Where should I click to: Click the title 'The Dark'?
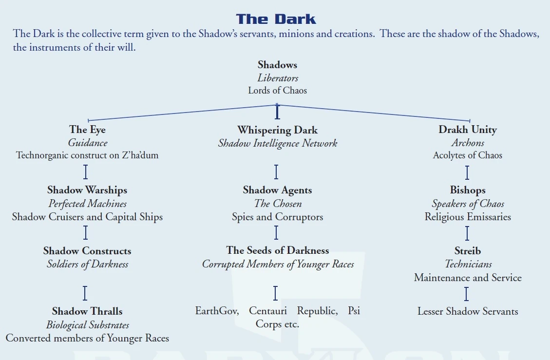click(276, 19)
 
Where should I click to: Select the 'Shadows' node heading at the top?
click(277, 65)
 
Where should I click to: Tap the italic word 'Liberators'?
click(277, 78)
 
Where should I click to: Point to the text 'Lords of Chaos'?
click(277, 90)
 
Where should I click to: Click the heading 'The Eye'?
click(87, 130)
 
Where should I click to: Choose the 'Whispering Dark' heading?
click(277, 130)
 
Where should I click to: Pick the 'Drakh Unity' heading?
click(467, 130)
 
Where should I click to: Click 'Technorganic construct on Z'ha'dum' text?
click(87, 155)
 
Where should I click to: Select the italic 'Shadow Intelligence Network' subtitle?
click(277, 143)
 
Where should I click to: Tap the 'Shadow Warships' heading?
click(87, 190)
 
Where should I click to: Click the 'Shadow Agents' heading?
click(277, 190)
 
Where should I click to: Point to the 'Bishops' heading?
click(467, 190)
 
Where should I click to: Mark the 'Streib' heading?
click(467, 251)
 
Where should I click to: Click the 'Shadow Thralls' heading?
click(87, 311)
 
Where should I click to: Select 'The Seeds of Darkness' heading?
click(277, 250)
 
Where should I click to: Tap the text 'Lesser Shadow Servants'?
click(467, 311)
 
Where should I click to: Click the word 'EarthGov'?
click(216, 311)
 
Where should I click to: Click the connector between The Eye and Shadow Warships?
click(86, 172)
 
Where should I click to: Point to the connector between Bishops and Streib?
click(467, 233)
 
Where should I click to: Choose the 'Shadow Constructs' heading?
click(87, 251)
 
